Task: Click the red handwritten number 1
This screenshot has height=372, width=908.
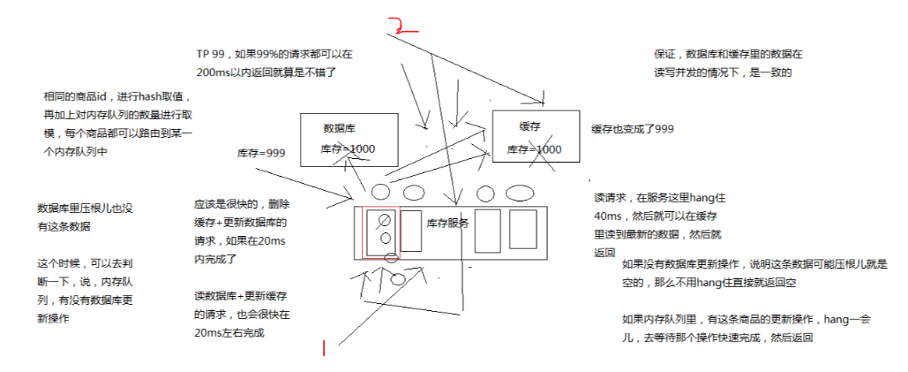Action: pyautogui.click(x=324, y=349)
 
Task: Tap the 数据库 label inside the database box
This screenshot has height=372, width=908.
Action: pyautogui.click(x=339, y=127)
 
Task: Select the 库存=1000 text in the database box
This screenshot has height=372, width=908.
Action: pyautogui.click(x=347, y=149)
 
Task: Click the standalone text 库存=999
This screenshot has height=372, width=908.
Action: pyautogui.click(x=260, y=153)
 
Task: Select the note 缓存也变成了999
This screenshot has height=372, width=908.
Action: pyautogui.click(x=633, y=129)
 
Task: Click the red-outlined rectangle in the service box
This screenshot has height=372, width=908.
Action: pyautogui.click(x=380, y=233)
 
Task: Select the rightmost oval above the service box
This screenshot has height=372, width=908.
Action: pyautogui.click(x=520, y=193)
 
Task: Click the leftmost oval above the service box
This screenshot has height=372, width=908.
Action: pyautogui.click(x=380, y=192)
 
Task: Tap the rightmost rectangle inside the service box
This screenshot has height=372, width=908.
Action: pyautogui.click(x=522, y=229)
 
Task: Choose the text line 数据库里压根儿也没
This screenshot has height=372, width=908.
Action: pyautogui.click(x=85, y=209)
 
